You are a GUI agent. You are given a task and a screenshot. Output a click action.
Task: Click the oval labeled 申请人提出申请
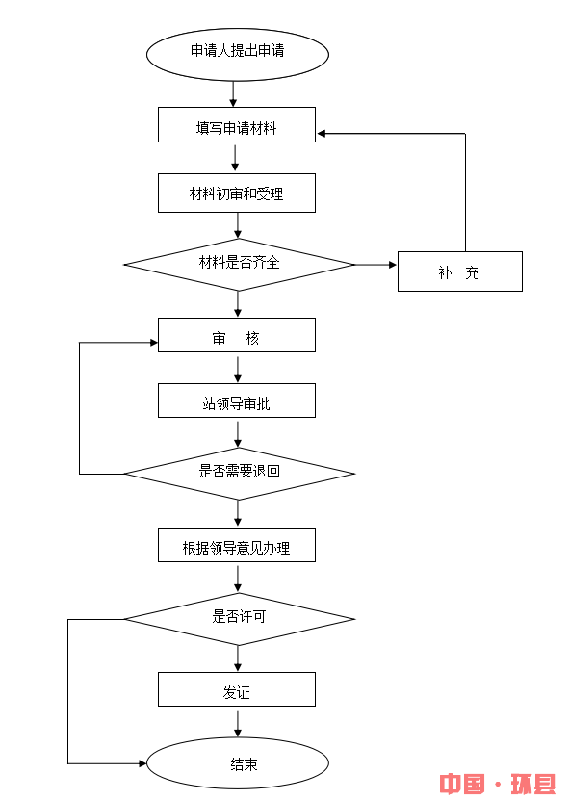(x=237, y=53)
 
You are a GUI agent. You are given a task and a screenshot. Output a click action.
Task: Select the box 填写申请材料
(x=237, y=125)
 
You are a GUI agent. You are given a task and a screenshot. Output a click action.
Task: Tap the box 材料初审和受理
(x=237, y=194)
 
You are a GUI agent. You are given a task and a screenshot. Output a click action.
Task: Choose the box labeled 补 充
(x=459, y=271)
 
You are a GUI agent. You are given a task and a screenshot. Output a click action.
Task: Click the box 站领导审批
(x=237, y=401)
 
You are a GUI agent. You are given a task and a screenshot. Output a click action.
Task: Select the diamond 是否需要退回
(x=239, y=474)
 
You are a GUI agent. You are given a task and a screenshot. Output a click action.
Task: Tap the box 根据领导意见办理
(x=237, y=546)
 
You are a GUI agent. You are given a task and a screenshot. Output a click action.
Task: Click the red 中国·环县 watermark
(x=497, y=783)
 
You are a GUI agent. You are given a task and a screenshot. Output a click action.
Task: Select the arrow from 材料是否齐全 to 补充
(x=375, y=264)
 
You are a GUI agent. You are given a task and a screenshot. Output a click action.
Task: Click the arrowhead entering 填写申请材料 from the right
(x=323, y=134)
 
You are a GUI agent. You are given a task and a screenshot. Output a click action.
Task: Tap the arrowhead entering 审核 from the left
(x=152, y=342)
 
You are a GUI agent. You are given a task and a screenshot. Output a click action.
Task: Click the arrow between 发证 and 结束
(x=237, y=722)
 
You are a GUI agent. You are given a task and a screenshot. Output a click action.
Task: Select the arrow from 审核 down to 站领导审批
(x=237, y=368)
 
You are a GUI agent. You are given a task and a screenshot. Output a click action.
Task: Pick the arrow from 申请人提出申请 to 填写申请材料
(x=233, y=93)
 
